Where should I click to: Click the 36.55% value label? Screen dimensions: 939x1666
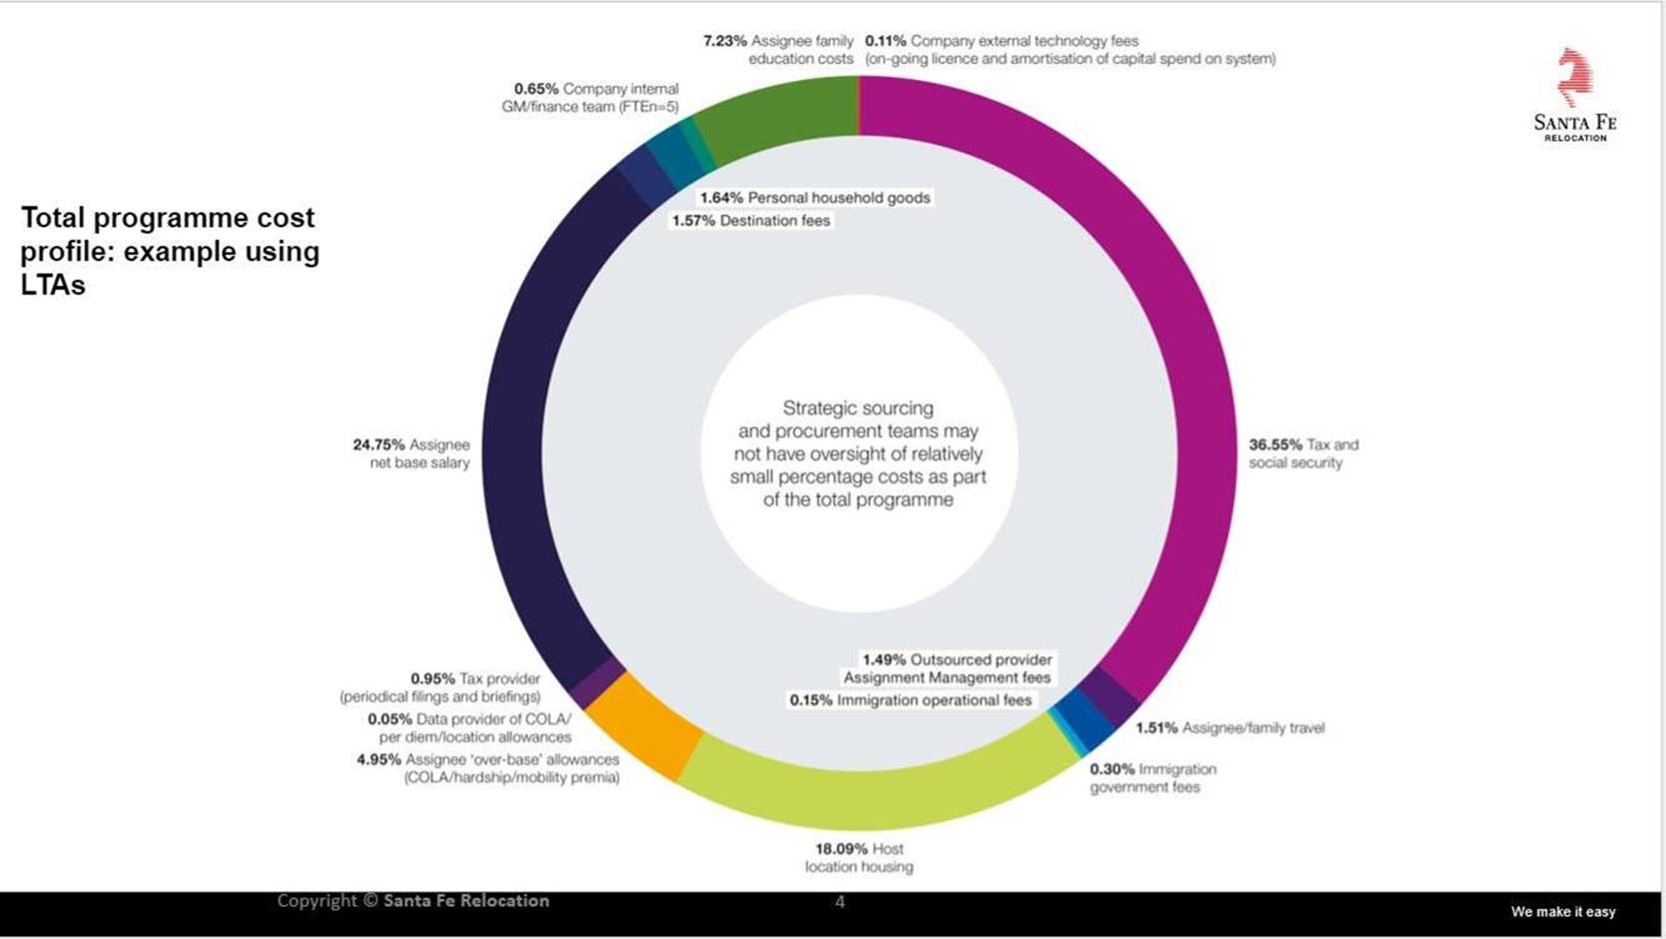point(1275,445)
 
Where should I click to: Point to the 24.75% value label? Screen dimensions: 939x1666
point(379,445)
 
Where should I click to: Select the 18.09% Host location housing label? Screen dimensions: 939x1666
point(859,858)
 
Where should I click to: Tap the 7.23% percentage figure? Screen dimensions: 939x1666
point(725,41)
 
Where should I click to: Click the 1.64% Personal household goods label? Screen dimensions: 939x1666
point(815,198)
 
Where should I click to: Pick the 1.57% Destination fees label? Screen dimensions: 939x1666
point(751,221)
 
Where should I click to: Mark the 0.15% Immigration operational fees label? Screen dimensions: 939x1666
point(910,700)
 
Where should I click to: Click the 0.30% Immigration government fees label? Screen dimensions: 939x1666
point(1153,778)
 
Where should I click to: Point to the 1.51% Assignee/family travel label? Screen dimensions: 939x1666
point(1230,728)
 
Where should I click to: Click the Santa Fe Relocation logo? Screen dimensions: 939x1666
point(1575,96)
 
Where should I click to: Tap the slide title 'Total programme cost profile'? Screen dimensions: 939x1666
point(170,251)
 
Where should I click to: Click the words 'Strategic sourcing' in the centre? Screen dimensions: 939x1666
point(858,408)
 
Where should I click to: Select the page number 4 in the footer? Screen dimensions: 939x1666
point(840,902)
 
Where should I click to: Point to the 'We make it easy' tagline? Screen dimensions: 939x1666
point(1562,912)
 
